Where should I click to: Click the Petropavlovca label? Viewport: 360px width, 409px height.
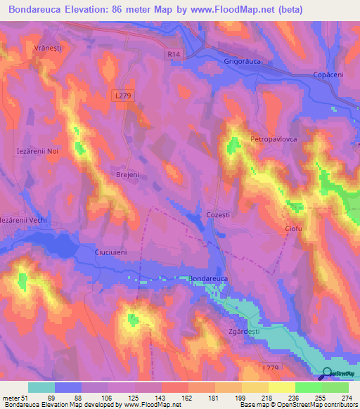tap(275, 139)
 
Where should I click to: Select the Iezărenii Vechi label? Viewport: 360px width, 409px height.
tap(25, 220)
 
